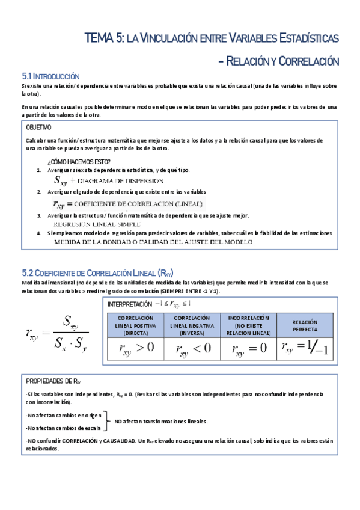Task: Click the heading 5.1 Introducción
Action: pyautogui.click(x=50, y=76)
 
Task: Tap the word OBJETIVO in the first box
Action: pyautogui.click(x=38, y=127)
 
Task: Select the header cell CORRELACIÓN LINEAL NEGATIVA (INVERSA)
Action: pyautogui.click(x=193, y=325)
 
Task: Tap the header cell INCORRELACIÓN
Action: pyautogui.click(x=248, y=325)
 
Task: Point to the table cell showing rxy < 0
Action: pyautogui.click(x=193, y=348)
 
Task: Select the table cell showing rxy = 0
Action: pyautogui.click(x=248, y=348)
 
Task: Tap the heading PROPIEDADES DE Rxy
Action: pyautogui.click(x=53, y=381)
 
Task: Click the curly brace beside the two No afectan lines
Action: pyautogui.click(x=107, y=421)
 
